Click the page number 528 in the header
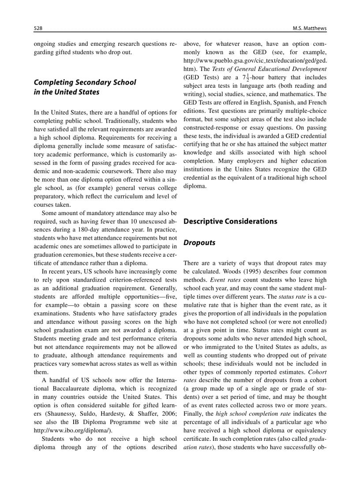(38, 29)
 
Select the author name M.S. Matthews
(309, 29)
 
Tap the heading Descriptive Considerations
(230, 221)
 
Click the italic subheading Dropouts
(199, 243)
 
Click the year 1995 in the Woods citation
(238, 272)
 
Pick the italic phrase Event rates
(225, 280)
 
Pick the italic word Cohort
(317, 372)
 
